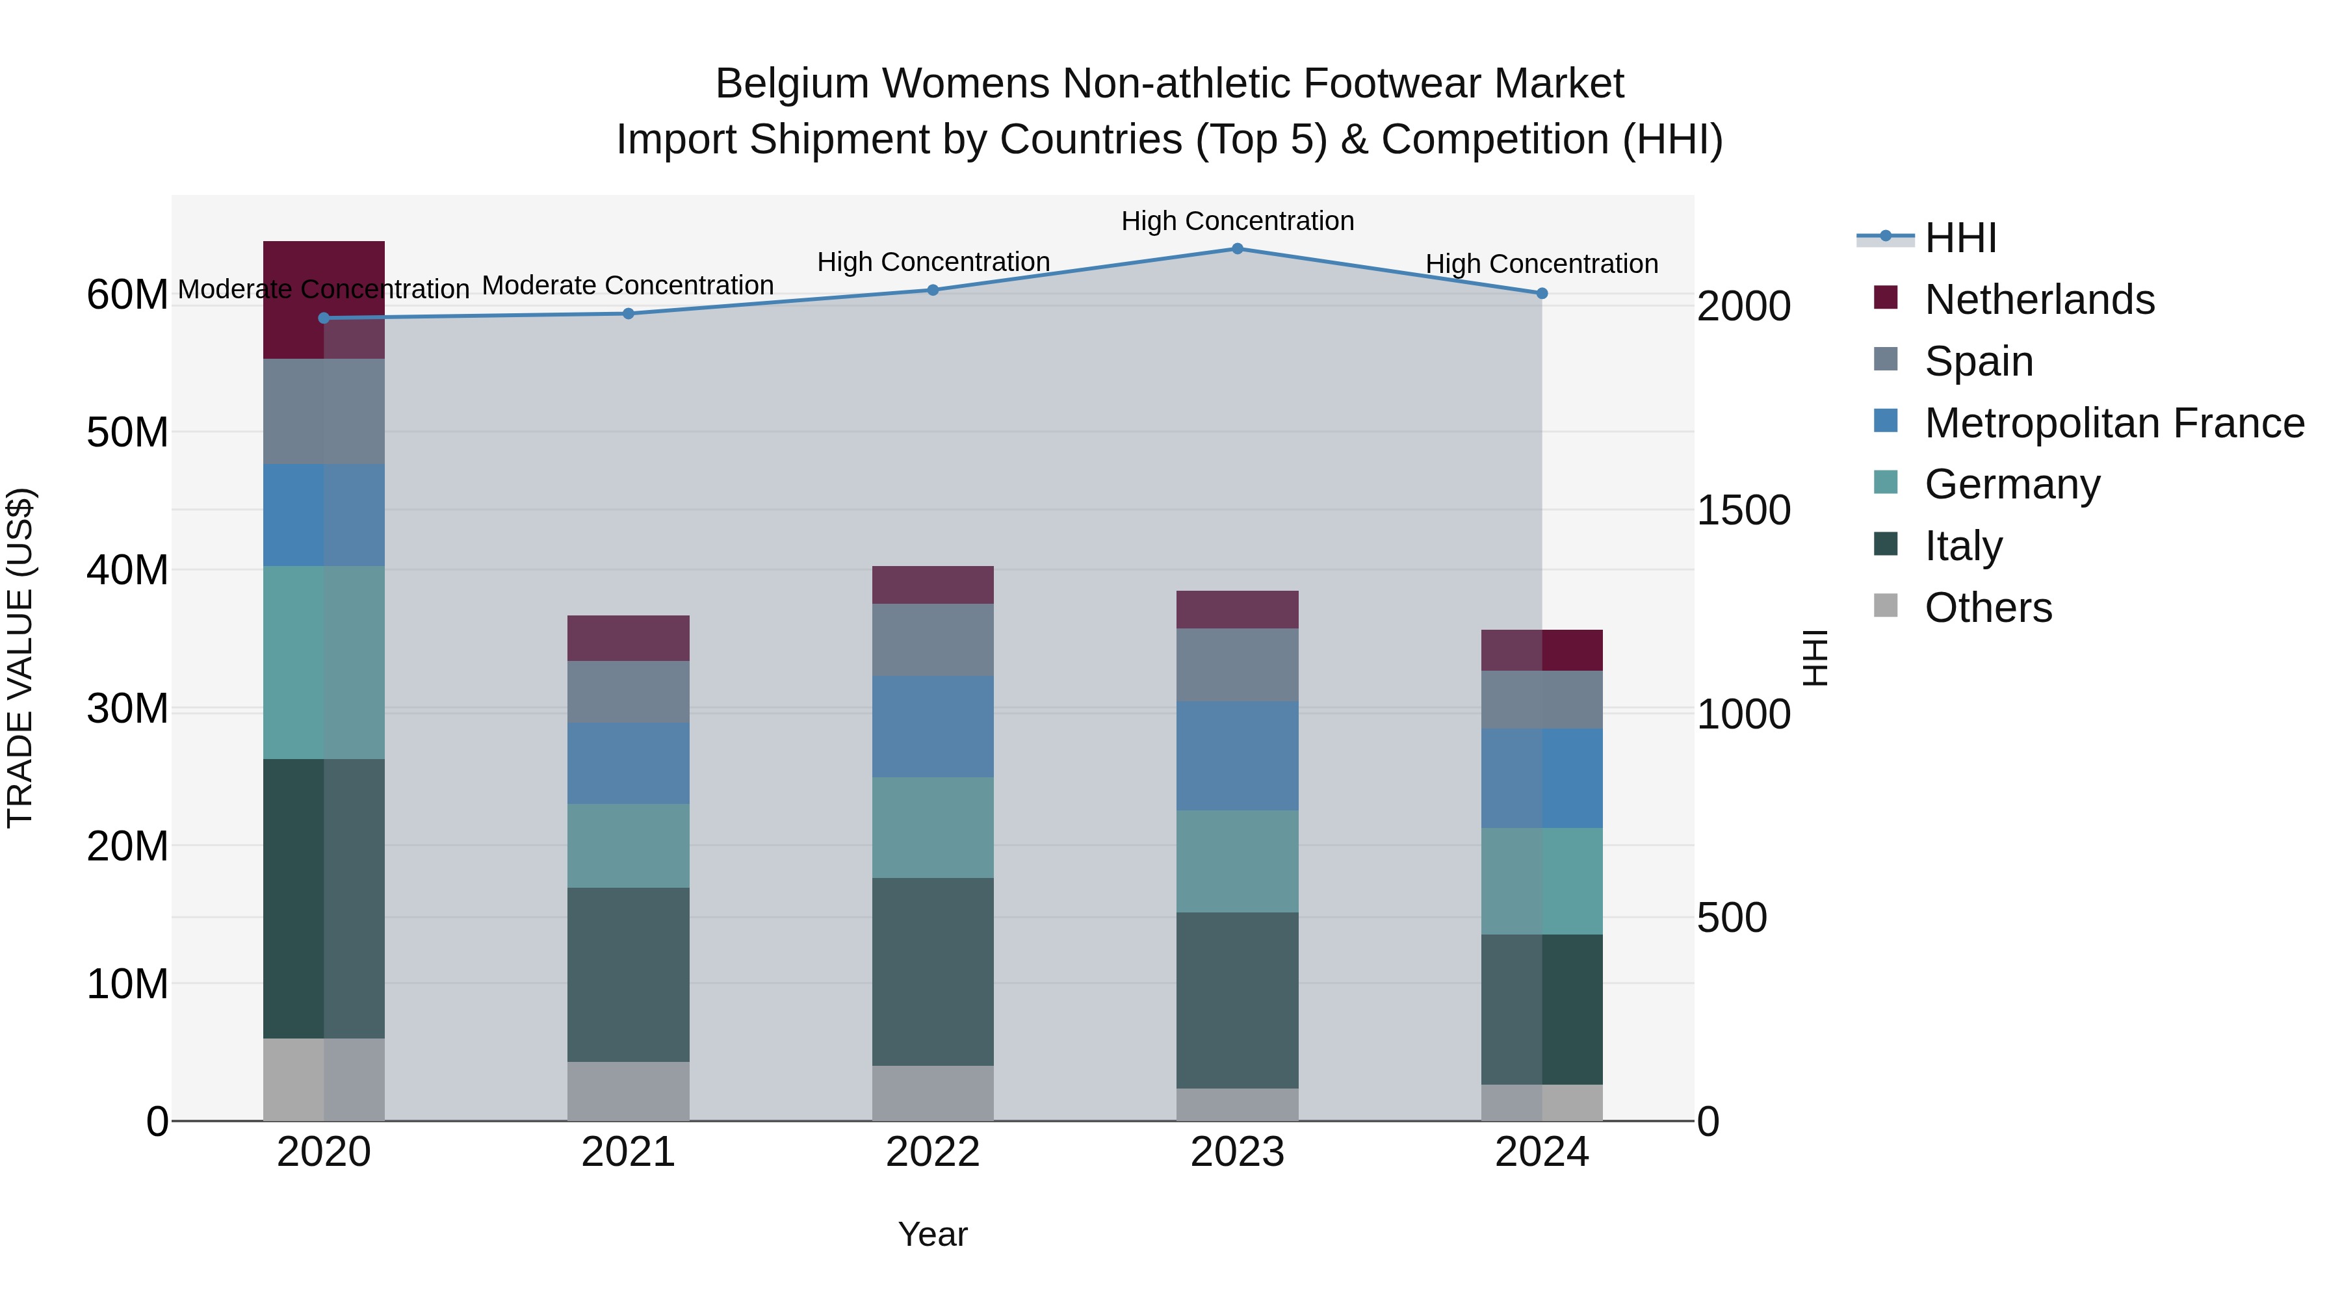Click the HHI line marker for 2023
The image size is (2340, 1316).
click(x=1237, y=249)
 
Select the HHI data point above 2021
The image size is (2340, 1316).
click(x=629, y=313)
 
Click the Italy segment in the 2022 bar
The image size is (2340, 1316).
click(x=933, y=971)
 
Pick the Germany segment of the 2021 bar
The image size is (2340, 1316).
click(x=629, y=845)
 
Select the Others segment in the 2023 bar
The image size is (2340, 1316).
click(x=1237, y=1104)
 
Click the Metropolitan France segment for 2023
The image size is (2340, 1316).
click(x=1237, y=756)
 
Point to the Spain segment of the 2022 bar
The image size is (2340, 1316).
click(x=933, y=639)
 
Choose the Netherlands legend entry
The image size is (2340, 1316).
click(x=2038, y=300)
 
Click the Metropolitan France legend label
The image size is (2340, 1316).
click(x=2114, y=423)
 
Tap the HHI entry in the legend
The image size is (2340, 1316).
click(x=1960, y=238)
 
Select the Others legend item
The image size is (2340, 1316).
click(x=1988, y=608)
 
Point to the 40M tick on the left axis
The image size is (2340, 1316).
click(x=127, y=571)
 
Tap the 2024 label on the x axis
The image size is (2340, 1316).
click(x=1542, y=1152)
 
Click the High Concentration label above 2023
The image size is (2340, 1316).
click(x=1237, y=221)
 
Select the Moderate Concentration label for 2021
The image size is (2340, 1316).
click(x=628, y=285)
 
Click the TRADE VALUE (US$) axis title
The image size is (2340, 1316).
click(x=21, y=658)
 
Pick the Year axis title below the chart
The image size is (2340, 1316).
click(x=933, y=1234)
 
